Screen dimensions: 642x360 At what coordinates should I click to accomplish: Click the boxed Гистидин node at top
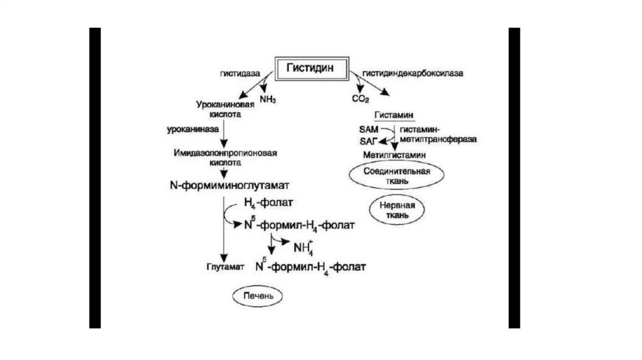coord(311,66)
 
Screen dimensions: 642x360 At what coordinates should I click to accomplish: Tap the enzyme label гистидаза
coord(239,73)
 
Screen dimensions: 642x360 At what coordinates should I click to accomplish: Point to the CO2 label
coord(360,99)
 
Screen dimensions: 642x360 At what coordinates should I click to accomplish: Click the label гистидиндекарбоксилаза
coord(411,73)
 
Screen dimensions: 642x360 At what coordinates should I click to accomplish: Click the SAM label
coord(369,127)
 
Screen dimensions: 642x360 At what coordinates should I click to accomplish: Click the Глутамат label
coord(223,267)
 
